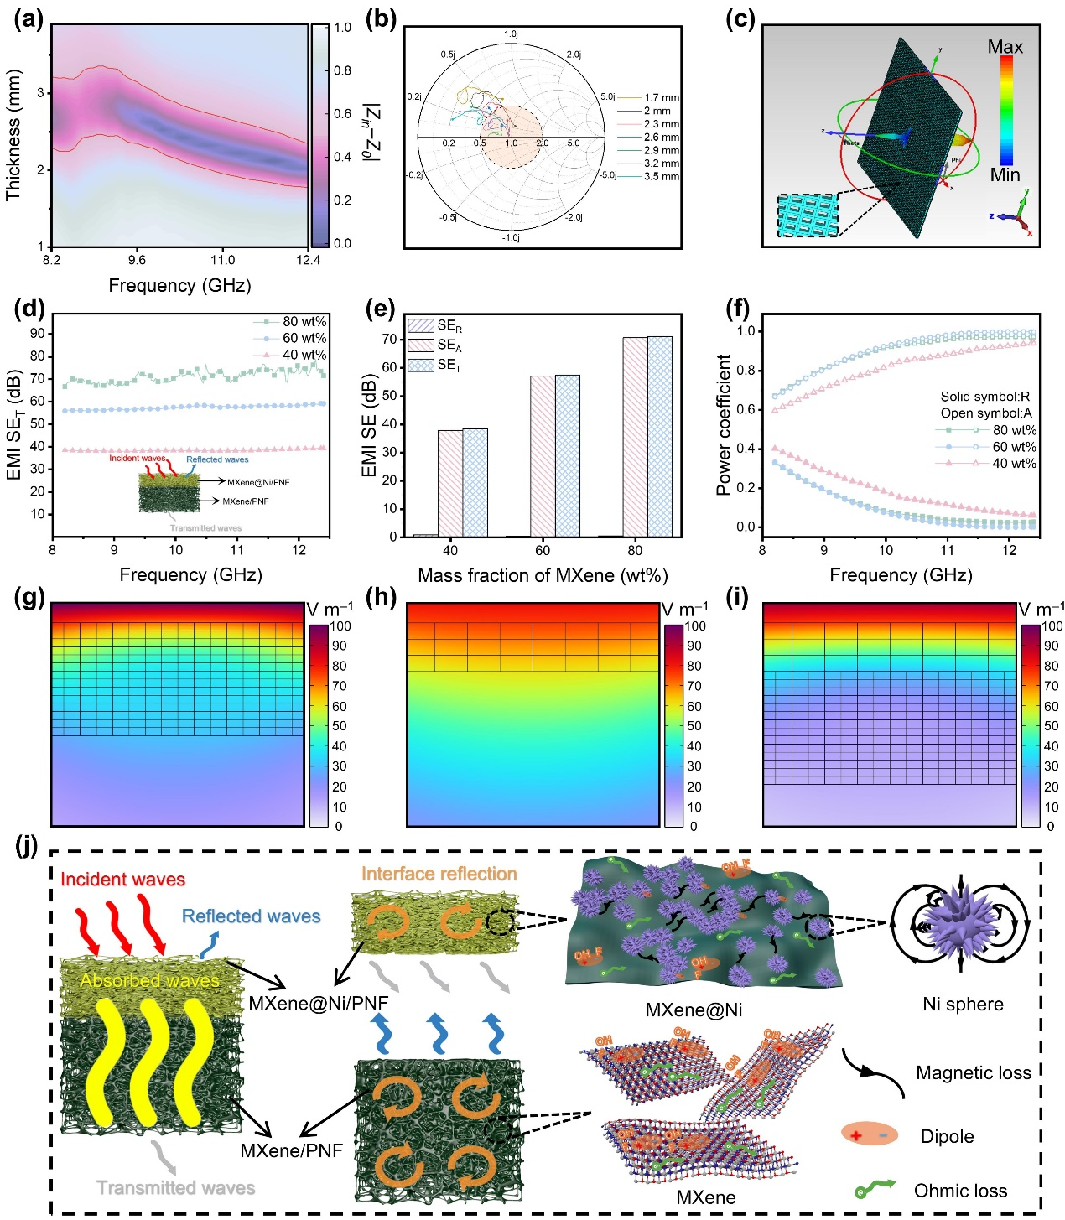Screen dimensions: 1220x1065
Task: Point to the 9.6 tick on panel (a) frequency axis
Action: pyautogui.click(x=137, y=260)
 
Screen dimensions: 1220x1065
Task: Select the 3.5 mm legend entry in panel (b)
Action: pyautogui.click(x=662, y=177)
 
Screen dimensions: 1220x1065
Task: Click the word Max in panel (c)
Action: pyautogui.click(x=1005, y=47)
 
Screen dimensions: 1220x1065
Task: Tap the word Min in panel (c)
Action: pyautogui.click(x=1005, y=175)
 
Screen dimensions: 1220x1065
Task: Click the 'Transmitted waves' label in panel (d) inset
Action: pyautogui.click(x=205, y=528)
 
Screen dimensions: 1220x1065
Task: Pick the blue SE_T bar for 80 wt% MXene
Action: pyautogui.click(x=659, y=436)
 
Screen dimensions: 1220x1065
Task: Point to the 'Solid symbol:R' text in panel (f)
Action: pyautogui.click(x=984, y=397)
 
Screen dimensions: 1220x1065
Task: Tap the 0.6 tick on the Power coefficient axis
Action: pyautogui.click(x=745, y=410)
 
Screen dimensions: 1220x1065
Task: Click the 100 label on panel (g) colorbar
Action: pyautogui.click(x=340, y=626)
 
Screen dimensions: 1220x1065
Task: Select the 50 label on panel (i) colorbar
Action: pyautogui.click(x=1052, y=727)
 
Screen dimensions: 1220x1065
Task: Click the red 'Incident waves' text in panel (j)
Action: pyautogui.click(x=122, y=880)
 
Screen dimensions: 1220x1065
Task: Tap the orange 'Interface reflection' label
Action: pyautogui.click(x=439, y=874)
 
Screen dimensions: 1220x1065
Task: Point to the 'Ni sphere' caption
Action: pyautogui.click(x=963, y=1005)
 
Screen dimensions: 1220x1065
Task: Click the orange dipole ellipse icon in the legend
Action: pyautogui.click(x=870, y=1135)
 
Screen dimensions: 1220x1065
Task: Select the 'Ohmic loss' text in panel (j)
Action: pyautogui.click(x=960, y=1191)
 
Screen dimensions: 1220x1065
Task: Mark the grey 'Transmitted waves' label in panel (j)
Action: pyautogui.click(x=175, y=1188)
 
